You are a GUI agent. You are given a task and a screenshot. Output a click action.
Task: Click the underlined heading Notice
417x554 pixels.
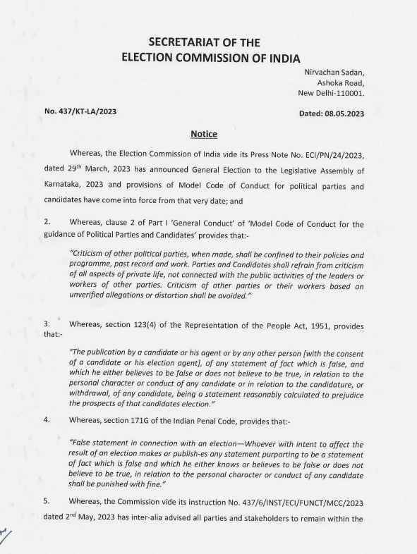click(204, 134)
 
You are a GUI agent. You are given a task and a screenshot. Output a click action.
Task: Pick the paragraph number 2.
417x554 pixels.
click(46, 225)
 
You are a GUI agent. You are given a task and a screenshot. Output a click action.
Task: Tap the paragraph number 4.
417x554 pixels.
click(46, 421)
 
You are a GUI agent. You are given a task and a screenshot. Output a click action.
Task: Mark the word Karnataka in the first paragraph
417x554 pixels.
click(68, 187)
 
